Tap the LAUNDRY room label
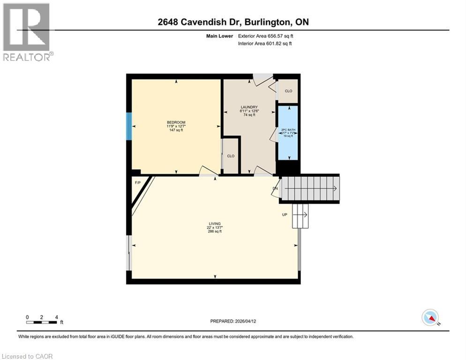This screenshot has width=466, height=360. [248, 106]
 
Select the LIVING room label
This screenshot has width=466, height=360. [215, 224]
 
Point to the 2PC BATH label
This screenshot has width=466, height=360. [287, 129]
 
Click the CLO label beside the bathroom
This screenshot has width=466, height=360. [288, 91]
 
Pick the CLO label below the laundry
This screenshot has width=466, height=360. [230, 156]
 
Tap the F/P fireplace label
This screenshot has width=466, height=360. [138, 182]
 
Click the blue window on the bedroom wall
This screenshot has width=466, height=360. [129, 126]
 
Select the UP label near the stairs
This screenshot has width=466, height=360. [284, 215]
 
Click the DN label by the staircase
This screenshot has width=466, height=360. [276, 189]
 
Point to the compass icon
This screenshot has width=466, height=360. [430, 317]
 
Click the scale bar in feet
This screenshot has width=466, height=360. [42, 322]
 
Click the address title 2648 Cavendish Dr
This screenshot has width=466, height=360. [233, 22]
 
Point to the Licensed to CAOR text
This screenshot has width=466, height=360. [28, 356]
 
